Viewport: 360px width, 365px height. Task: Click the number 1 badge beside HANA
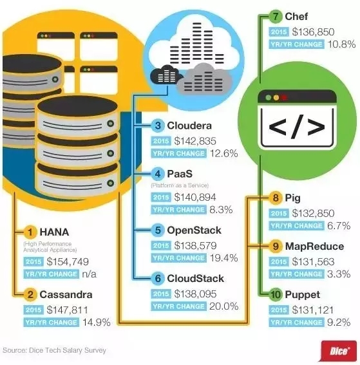coord(30,232)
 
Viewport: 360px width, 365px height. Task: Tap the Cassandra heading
coord(66,294)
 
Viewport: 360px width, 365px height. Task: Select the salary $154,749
coord(68,261)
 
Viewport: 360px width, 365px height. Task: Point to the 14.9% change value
coord(97,322)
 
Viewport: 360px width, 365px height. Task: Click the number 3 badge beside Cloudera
coord(158,126)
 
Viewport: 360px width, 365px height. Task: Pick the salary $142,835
coord(195,141)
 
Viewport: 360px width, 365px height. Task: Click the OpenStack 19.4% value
coord(223,257)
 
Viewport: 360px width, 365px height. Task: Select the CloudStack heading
coord(195,278)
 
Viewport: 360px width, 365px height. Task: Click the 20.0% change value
coord(223,306)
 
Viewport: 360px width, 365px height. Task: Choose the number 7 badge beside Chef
coord(276,17)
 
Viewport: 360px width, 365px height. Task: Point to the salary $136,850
coord(313,32)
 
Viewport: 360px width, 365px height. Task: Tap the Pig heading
coord(293,198)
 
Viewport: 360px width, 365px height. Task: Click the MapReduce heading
coord(314,247)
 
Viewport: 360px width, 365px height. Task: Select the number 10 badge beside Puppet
coord(276,295)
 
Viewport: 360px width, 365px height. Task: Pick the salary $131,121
coord(313,310)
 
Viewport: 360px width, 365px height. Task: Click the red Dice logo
coord(339,351)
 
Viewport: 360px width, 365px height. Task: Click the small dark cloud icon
coord(166,75)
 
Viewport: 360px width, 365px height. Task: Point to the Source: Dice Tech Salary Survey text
coord(54,350)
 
